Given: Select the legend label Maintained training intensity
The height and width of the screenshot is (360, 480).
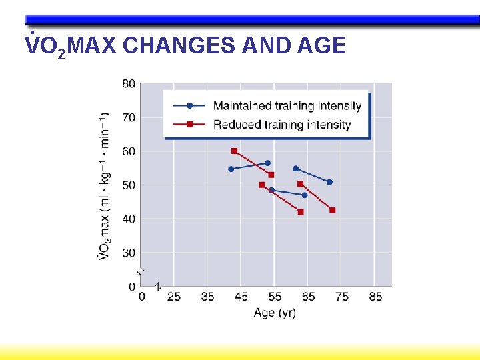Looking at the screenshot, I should pyautogui.click(x=287, y=106).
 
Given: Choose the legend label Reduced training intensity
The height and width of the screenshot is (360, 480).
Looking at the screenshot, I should pyautogui.click(x=281, y=125).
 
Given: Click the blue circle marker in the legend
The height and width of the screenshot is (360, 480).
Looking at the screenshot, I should pyautogui.click(x=190, y=106).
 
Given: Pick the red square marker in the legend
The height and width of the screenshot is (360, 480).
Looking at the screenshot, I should pyautogui.click(x=190, y=125).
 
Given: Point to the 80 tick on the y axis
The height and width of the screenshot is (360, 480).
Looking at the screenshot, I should pyautogui.click(x=128, y=83).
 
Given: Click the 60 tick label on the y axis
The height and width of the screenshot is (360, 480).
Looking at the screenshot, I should pyautogui.click(x=128, y=151).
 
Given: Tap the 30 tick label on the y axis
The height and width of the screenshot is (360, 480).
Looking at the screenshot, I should pyautogui.click(x=128, y=253).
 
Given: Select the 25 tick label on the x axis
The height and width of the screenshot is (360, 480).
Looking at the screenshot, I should pyautogui.click(x=174, y=297).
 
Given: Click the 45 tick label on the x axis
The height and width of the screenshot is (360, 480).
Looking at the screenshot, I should pyautogui.click(x=241, y=297).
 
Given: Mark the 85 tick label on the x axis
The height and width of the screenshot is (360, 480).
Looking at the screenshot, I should pyautogui.click(x=375, y=297).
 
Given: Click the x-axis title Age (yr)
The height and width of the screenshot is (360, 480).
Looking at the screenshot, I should pyautogui.click(x=275, y=312).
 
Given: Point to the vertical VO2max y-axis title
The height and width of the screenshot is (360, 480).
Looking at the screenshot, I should pyautogui.click(x=105, y=187).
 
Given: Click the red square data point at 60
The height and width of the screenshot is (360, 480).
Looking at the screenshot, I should pyautogui.click(x=234, y=151).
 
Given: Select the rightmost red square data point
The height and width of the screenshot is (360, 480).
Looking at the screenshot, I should pyautogui.click(x=333, y=210).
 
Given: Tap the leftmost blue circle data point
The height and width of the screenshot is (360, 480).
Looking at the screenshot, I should pyautogui.click(x=231, y=169).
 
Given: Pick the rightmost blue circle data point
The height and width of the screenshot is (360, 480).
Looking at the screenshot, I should pyautogui.click(x=329, y=182).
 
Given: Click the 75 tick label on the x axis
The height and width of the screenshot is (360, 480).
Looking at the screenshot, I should pyautogui.click(x=342, y=297).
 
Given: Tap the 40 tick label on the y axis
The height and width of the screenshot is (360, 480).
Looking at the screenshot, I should pyautogui.click(x=128, y=219).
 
